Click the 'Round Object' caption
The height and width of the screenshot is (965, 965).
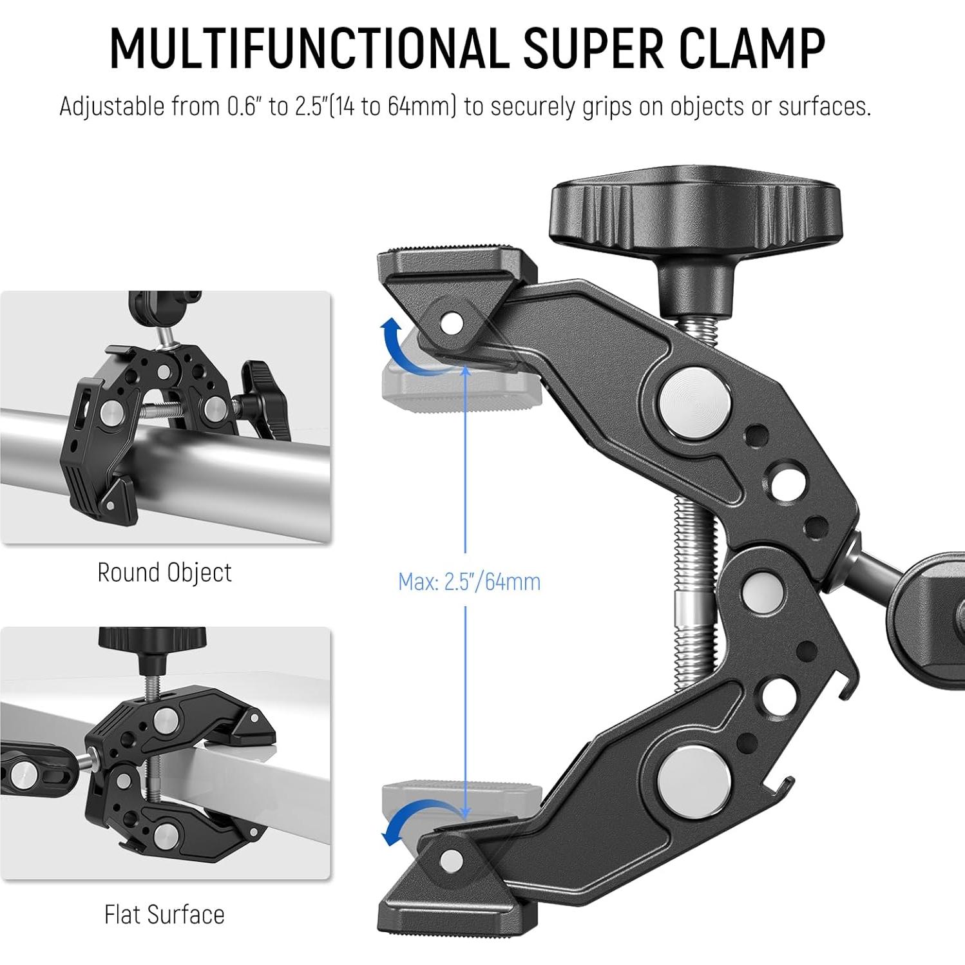pos(164,573)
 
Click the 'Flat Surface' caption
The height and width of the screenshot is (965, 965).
pos(164,915)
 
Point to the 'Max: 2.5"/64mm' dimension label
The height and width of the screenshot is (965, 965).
pos(469,582)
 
